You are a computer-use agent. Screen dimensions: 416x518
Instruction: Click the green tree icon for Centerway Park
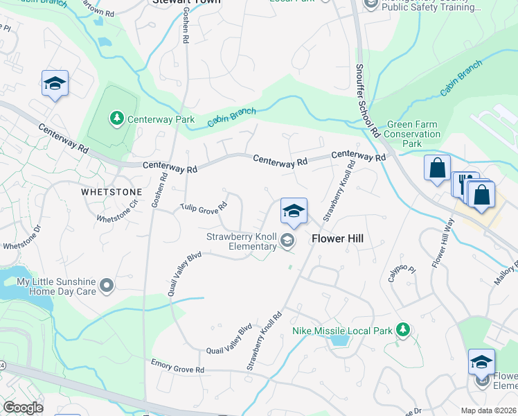pyautogui.click(x=117, y=119)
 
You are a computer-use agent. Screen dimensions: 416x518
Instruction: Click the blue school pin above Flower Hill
pyautogui.click(x=294, y=211)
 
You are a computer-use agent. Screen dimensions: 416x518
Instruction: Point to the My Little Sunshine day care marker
pyautogui.click(x=106, y=286)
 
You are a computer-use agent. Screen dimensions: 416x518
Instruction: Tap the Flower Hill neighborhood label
pyautogui.click(x=337, y=239)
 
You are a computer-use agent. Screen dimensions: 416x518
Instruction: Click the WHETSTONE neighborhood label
pyautogui.click(x=111, y=191)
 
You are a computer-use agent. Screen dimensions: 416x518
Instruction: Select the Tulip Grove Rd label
pyautogui.click(x=204, y=207)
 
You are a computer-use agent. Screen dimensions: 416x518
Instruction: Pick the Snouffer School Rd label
pyautogui.click(x=368, y=101)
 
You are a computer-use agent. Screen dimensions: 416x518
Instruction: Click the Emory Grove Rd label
pyautogui.click(x=178, y=366)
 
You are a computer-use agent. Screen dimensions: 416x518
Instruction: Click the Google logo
pyautogui.click(x=22, y=408)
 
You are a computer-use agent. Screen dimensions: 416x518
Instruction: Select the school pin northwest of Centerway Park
pyautogui.click(x=55, y=85)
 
